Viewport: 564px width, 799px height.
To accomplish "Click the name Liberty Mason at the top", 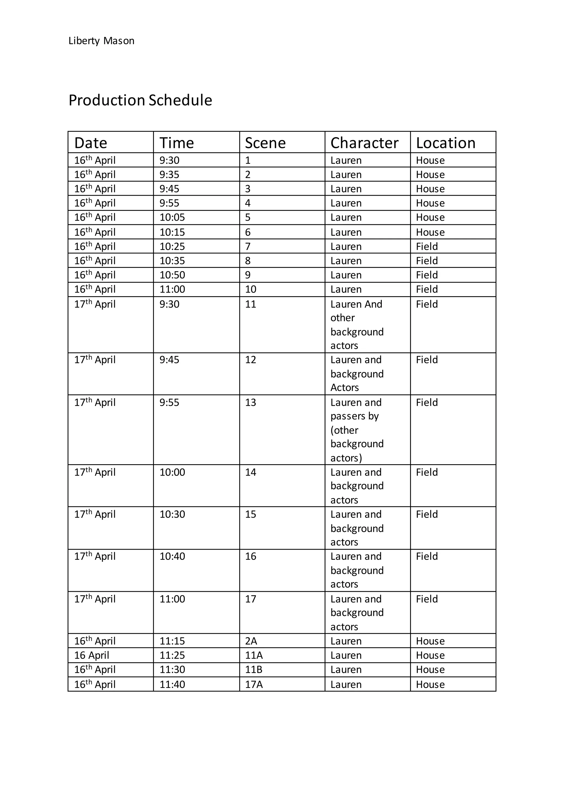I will (101, 41).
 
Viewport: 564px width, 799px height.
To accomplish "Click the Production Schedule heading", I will (140, 100).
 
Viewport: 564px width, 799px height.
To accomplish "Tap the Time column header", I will (177, 143).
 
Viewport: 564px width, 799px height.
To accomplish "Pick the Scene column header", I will (265, 143).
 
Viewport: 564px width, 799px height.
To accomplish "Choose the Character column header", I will (364, 143).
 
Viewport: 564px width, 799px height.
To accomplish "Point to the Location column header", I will (445, 143).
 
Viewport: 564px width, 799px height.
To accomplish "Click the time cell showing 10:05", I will (172, 217).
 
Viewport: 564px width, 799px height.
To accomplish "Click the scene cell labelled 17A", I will (254, 684).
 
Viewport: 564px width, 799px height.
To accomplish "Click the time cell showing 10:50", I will (172, 275).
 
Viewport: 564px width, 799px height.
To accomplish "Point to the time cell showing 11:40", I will (172, 684).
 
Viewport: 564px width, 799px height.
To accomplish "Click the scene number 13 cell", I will (251, 402).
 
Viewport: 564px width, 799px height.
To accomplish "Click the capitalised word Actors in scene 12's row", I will (345, 387).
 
